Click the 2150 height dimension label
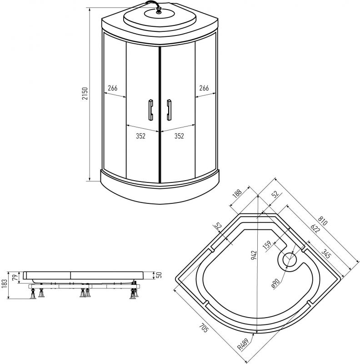(x=85, y=94)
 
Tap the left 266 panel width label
(x=113, y=88)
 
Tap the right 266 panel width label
(x=204, y=88)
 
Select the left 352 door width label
(x=140, y=136)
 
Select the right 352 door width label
(x=179, y=136)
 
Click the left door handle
(x=150, y=110)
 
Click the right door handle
(x=169, y=110)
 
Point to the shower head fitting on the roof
(x=159, y=10)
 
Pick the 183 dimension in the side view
(x=4, y=283)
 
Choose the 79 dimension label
(x=15, y=278)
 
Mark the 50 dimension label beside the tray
(x=159, y=275)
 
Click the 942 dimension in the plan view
(x=254, y=255)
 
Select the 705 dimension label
(x=204, y=328)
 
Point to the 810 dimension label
(x=322, y=221)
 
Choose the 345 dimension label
(x=325, y=254)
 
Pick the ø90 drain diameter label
(x=275, y=283)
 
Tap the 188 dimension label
(x=237, y=193)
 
